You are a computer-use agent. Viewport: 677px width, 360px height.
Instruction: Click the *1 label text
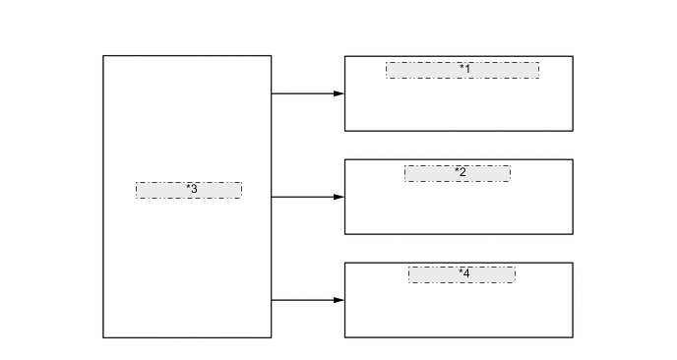(x=464, y=69)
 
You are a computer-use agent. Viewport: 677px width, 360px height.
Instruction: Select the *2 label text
(x=461, y=172)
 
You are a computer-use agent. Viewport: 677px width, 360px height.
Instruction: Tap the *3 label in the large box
(x=191, y=189)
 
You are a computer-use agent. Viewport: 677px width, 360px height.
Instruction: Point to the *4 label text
(x=463, y=273)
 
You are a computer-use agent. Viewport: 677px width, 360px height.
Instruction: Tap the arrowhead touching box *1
(x=338, y=93)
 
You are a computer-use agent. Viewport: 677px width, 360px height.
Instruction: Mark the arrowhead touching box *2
(x=338, y=197)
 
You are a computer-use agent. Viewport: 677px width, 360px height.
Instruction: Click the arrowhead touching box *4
(x=338, y=300)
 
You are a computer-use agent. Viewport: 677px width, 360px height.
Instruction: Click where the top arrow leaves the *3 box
(x=272, y=93)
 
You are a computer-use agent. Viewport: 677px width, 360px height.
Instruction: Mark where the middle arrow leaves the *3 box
(x=272, y=197)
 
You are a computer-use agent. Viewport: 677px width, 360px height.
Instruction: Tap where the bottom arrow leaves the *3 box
(x=272, y=300)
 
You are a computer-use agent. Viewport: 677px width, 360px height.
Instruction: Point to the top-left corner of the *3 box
(x=103, y=56)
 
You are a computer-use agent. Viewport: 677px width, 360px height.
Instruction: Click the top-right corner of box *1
(x=573, y=56)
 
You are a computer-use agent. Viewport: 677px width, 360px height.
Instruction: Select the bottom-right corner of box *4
(x=573, y=337)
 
